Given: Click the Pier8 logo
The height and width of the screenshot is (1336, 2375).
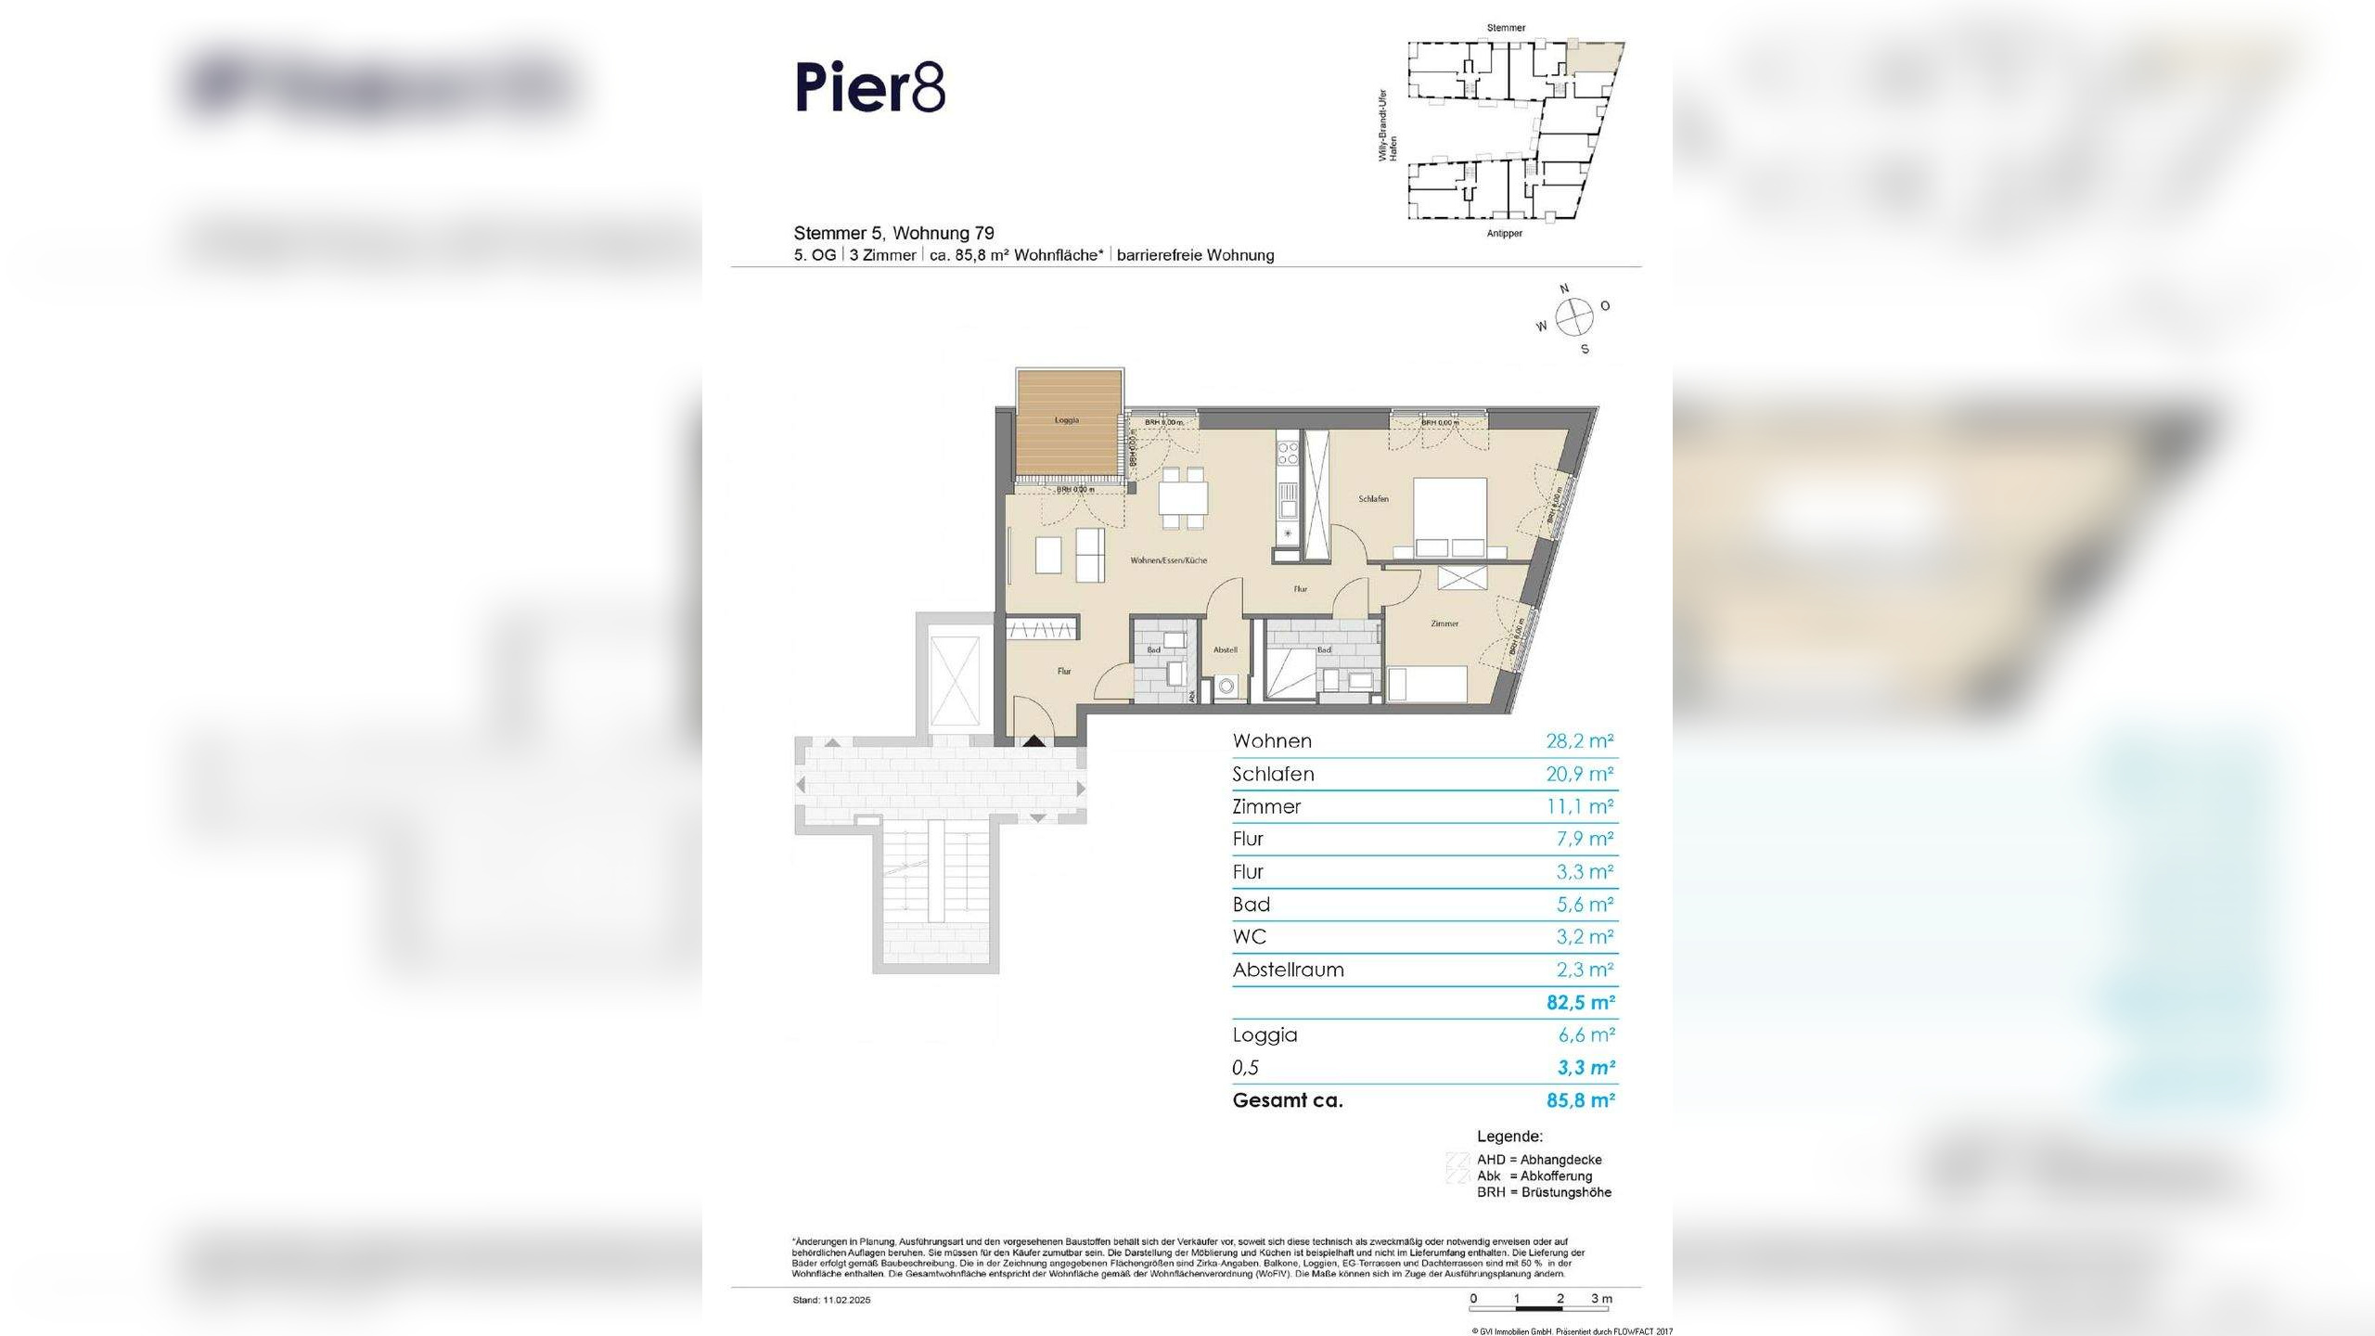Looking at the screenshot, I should coord(870,88).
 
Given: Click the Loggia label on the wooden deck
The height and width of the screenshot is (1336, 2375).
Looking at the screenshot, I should coord(1067,420).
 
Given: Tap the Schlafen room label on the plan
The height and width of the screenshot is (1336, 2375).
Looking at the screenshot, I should coord(1373,499).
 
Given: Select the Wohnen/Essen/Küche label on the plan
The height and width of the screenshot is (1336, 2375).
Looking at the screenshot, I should coord(1168,560).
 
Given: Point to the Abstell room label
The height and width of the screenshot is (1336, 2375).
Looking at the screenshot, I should coord(1225,650).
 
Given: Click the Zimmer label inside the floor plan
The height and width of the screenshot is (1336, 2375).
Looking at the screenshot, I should coord(1444,623).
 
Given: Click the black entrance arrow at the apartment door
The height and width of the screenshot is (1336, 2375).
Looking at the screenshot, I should coord(1033,740).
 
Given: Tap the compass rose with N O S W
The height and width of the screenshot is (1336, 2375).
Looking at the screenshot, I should coord(1573,318).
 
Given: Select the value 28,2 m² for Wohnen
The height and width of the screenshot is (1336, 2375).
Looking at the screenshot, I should coord(1579,741).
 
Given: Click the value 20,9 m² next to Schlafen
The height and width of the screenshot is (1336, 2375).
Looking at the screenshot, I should coord(1579,774).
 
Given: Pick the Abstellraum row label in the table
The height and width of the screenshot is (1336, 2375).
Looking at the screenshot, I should coord(1288,970).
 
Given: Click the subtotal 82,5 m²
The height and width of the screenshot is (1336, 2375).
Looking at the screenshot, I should coord(1580,1003).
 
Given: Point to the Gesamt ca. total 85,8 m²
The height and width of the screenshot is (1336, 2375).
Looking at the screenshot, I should coord(1580,1100).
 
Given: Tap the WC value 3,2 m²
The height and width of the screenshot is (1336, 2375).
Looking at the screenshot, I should coord(1585,937).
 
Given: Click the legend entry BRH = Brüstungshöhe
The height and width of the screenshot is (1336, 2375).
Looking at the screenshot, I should coord(1544,1192).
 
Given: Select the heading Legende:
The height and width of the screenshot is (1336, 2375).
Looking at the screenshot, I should coord(1509,1137).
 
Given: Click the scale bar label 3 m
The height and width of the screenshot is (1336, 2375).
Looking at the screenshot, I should coord(1601,1299).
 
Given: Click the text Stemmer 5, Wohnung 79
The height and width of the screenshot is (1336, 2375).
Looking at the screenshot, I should coord(893,233).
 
